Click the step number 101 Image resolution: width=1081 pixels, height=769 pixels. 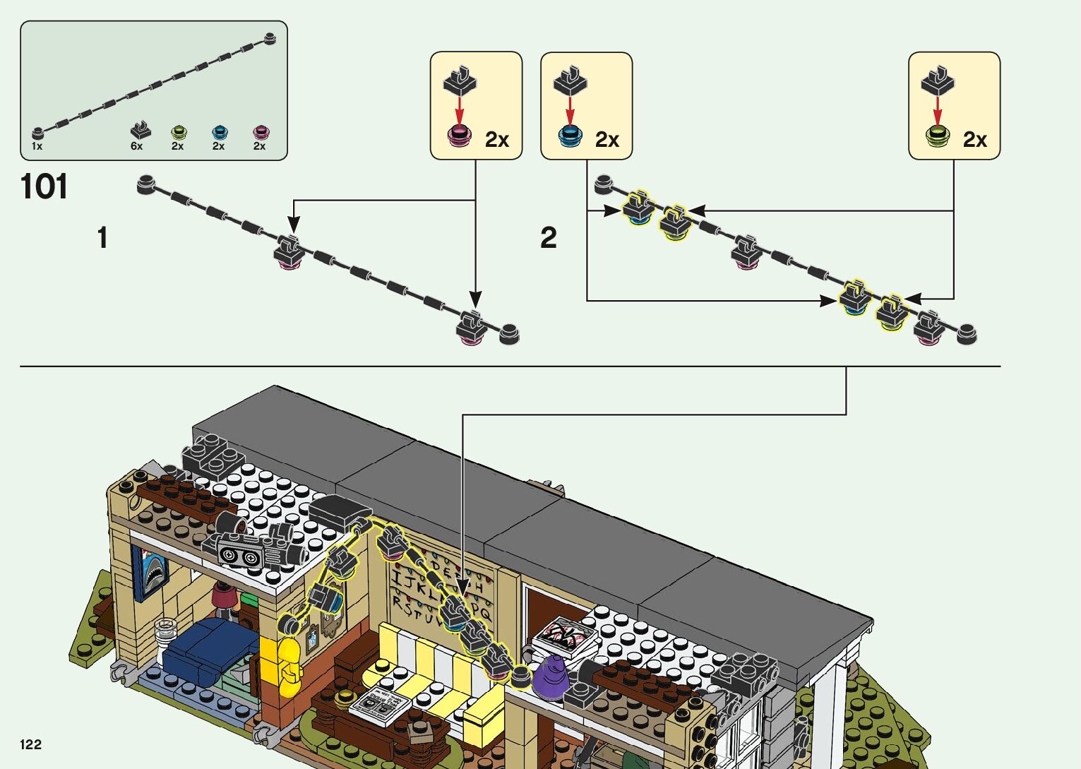point(44,187)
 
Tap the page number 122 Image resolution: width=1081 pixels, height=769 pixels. point(31,744)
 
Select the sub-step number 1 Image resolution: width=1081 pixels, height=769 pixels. point(103,238)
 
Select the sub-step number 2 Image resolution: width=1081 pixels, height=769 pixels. point(549,238)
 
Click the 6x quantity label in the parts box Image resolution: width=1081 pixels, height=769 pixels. point(136,146)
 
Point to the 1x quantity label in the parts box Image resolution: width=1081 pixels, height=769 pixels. point(37,146)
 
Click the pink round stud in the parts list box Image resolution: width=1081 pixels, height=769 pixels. point(261,131)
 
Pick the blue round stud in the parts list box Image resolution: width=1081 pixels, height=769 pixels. point(220,131)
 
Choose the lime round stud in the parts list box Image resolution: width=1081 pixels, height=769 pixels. point(179,131)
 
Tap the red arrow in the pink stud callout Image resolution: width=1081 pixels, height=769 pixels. point(460,110)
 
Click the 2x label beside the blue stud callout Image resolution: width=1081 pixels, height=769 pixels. point(607,140)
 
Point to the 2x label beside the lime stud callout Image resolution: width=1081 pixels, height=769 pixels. point(975,140)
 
